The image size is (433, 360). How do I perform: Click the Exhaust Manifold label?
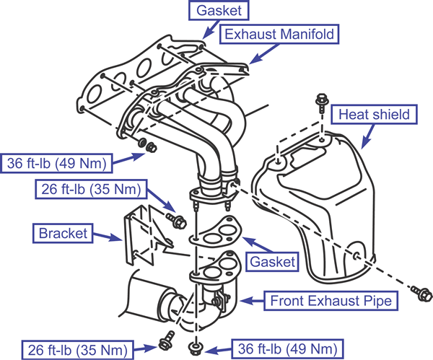279,34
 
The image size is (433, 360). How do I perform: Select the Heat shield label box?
374,114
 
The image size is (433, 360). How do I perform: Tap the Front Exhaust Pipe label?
331,301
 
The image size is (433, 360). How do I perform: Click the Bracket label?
63,233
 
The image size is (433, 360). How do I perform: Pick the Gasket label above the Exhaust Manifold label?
219,11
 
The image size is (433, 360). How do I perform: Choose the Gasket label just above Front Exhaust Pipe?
272,262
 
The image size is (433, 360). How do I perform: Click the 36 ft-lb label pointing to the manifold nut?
56,164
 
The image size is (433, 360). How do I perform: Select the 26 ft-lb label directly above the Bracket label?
91,190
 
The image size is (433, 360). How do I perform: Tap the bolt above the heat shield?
322,103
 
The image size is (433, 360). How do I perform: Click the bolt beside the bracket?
177,220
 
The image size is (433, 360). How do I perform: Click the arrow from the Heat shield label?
367,136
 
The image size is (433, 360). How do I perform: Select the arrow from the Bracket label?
107,237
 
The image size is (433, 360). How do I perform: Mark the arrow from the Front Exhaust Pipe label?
252,301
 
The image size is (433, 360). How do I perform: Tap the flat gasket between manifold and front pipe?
215,232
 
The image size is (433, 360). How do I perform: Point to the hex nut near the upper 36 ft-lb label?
152,148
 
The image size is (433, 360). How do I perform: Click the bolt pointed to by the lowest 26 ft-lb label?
167,340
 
